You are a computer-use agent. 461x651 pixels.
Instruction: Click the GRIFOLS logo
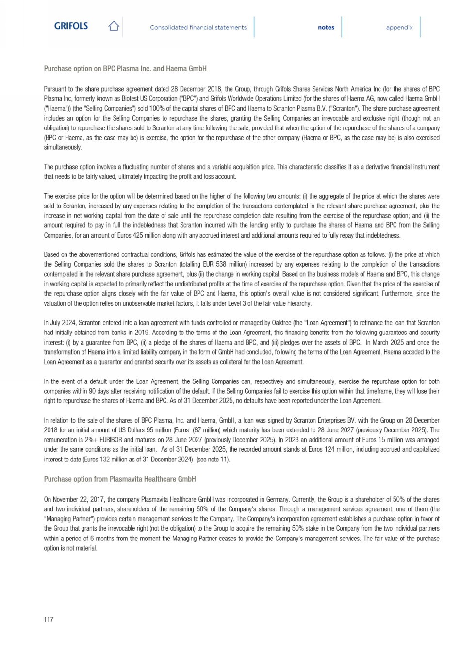click(71, 26)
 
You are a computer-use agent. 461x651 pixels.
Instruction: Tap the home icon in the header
click(114, 26)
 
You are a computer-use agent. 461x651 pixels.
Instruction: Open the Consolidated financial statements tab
click(198, 28)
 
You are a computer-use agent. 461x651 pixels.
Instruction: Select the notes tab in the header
click(326, 28)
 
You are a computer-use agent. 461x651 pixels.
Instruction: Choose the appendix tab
click(399, 28)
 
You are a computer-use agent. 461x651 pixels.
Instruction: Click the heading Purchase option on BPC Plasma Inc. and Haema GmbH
click(125, 69)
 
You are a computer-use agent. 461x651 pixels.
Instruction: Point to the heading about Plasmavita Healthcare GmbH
click(120, 479)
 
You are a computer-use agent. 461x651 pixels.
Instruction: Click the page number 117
click(49, 619)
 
